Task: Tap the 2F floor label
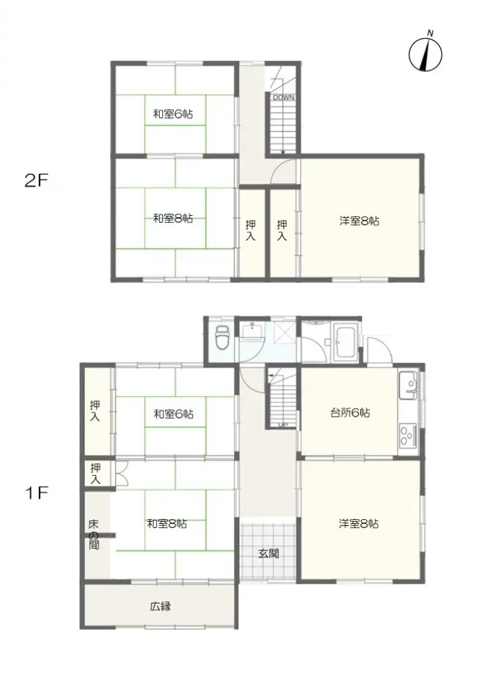click(37, 181)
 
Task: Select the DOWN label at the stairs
click(284, 98)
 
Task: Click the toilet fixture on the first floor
click(221, 337)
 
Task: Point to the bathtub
click(346, 339)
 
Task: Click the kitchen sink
click(409, 386)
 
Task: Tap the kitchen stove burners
click(409, 434)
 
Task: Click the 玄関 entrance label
click(268, 553)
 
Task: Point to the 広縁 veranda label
click(160, 606)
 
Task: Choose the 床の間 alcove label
click(94, 534)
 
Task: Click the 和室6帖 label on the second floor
click(173, 115)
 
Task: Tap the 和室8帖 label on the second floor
click(173, 219)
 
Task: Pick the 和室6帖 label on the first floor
click(173, 413)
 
